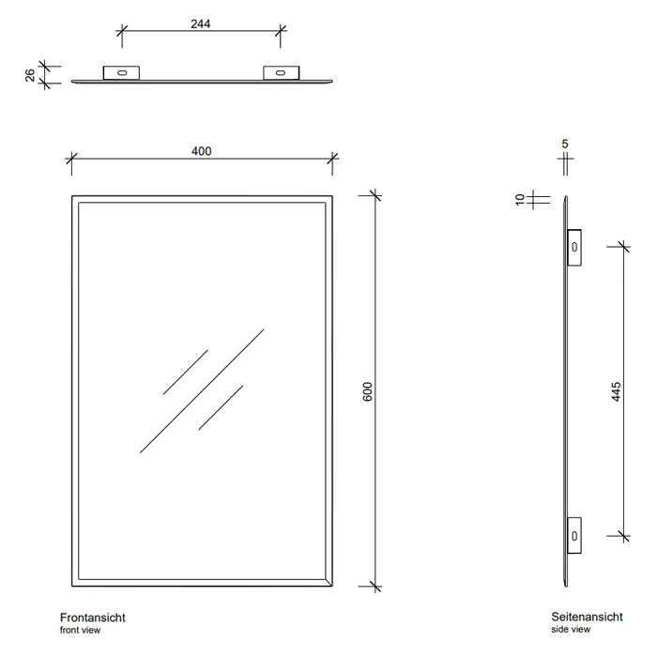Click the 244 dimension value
click(200, 23)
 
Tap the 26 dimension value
click(30, 75)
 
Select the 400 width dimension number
click(201, 151)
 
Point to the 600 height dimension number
click(368, 391)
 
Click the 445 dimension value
click(616, 391)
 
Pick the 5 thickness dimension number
click(565, 145)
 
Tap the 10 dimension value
click(520, 199)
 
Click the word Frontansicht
click(93, 618)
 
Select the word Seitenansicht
click(587, 617)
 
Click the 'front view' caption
click(80, 630)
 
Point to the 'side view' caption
click(571, 630)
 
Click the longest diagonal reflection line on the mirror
click(202, 391)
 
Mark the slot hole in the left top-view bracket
click(122, 73)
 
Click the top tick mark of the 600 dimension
click(375, 195)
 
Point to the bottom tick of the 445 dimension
click(623, 536)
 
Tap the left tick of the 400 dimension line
click(71, 159)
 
